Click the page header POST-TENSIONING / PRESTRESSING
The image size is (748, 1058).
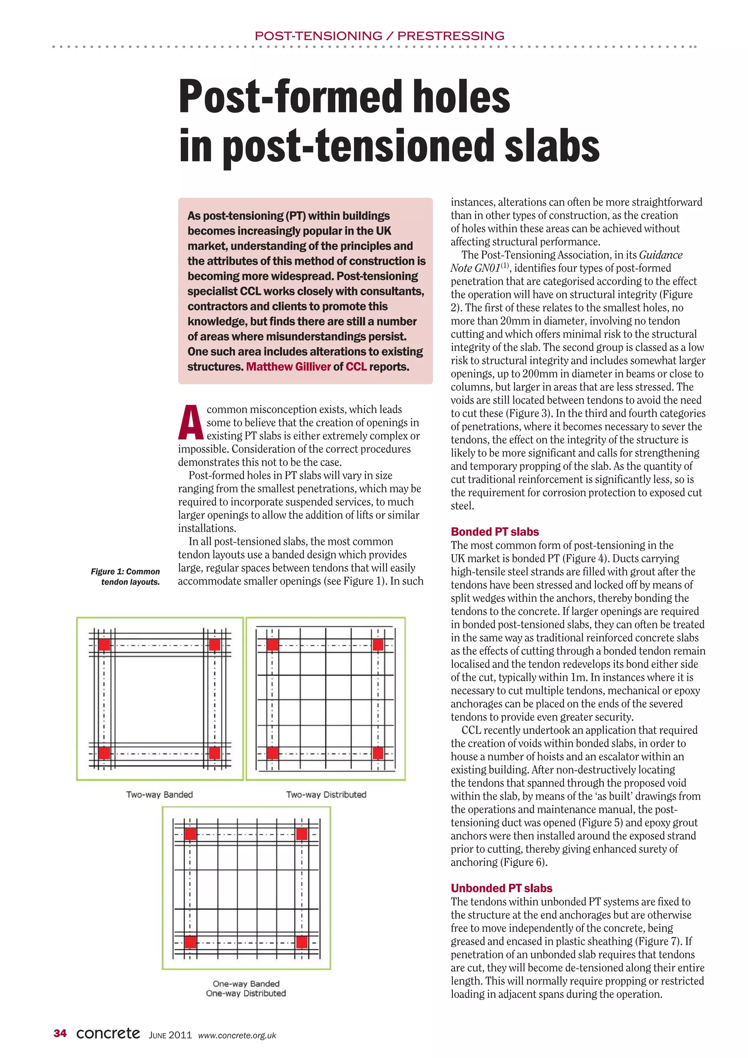coord(379,36)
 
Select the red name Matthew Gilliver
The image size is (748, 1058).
coord(288,367)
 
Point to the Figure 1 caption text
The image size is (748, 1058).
coord(126,576)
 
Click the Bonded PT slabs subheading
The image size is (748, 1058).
coord(495,532)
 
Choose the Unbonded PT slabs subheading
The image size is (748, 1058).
coord(501,888)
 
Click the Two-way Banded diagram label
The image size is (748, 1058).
coord(160,794)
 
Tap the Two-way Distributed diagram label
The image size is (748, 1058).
coord(326,794)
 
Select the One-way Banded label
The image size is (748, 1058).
coord(246,983)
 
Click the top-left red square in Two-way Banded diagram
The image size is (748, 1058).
coord(104,644)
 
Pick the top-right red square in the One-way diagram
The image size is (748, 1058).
coord(302,834)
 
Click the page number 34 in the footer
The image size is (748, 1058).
coord(60,1034)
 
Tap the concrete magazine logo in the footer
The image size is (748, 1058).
coord(108,1033)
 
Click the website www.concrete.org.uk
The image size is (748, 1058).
coord(237,1035)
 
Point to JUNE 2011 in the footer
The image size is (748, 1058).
coord(170,1035)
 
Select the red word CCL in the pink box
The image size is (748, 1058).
coord(356,367)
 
